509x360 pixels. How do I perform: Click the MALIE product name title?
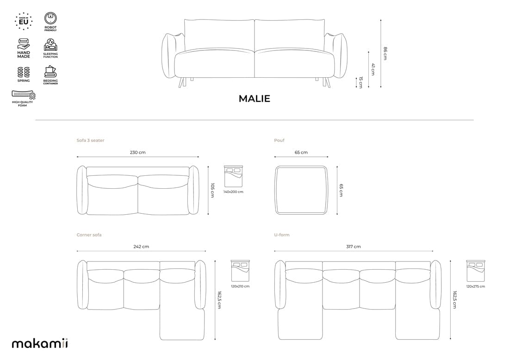click(x=254, y=99)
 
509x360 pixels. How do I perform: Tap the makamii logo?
click(x=40, y=343)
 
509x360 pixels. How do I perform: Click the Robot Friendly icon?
click(x=50, y=19)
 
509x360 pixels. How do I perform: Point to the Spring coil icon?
click(x=24, y=72)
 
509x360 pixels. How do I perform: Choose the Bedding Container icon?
click(x=50, y=72)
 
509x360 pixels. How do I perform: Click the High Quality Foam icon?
click(x=23, y=95)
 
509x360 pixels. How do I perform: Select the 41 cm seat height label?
click(x=373, y=69)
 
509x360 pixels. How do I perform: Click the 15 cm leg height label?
click(x=361, y=82)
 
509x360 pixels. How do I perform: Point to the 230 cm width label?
click(x=138, y=152)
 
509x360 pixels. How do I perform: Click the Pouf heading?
click(x=279, y=140)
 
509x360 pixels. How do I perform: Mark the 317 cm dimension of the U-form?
click(x=354, y=247)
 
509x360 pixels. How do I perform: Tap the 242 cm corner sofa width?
click(x=141, y=247)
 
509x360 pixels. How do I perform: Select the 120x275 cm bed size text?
click(x=476, y=286)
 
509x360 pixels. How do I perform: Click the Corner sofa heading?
click(x=89, y=235)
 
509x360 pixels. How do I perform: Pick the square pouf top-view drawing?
click(x=301, y=190)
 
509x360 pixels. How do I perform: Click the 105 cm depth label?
click(x=213, y=190)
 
